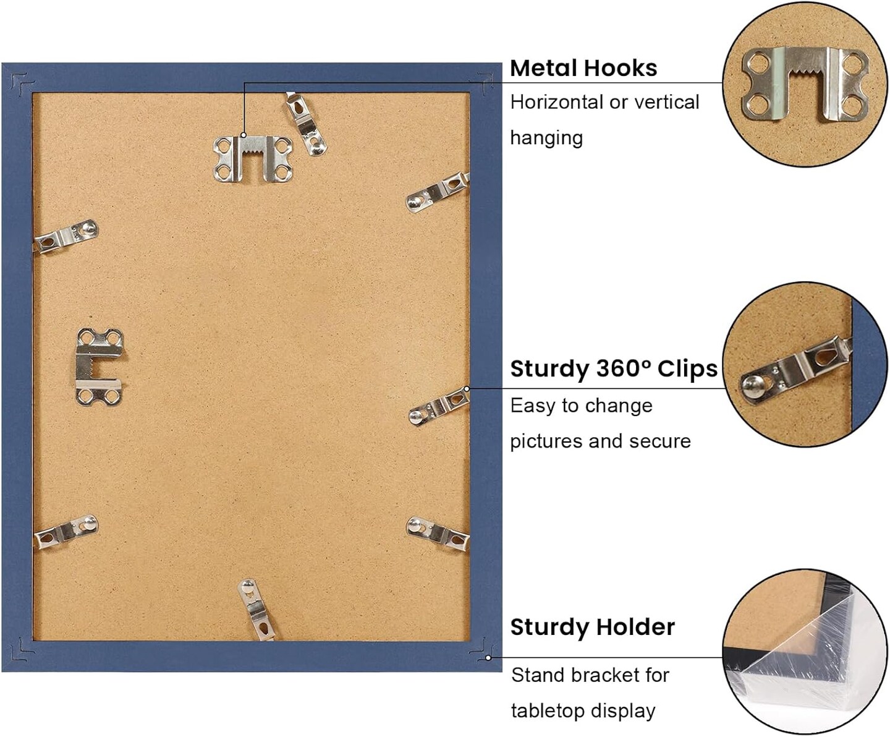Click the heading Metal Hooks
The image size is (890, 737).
(583, 68)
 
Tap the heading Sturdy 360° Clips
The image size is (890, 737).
(614, 368)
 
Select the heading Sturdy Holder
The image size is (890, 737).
(593, 627)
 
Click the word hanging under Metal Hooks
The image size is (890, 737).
(546, 138)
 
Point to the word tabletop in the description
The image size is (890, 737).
(548, 711)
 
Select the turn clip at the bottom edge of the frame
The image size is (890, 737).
(256, 609)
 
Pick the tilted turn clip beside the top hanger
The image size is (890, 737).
(305, 124)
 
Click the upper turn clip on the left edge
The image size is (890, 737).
(66, 236)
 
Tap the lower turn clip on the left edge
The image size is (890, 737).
(66, 532)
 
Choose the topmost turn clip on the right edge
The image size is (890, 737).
(438, 192)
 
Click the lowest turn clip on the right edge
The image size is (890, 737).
(438, 533)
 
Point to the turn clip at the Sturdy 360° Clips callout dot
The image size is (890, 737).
(439, 406)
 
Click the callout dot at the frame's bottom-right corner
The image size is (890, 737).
(488, 658)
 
